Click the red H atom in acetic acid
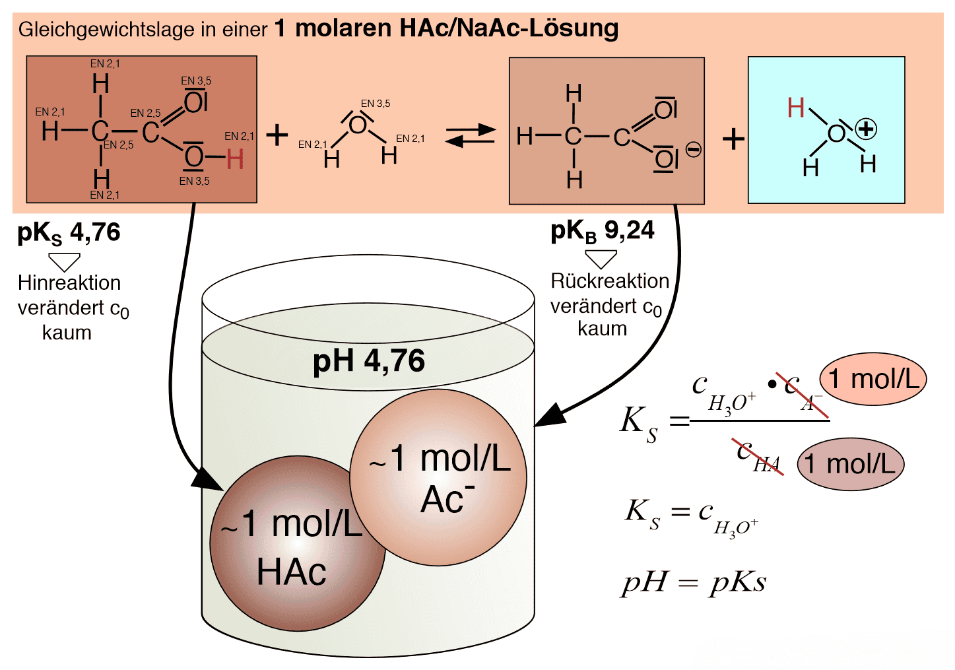tap(235, 159)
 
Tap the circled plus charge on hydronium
tap(865, 129)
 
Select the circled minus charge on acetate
tap(693, 150)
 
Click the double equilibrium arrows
tap(470, 135)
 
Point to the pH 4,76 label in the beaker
tap(368, 361)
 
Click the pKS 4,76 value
tap(69, 233)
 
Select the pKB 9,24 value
tap(603, 231)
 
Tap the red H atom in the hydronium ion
tap(796, 108)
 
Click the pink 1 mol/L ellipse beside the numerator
tap(873, 379)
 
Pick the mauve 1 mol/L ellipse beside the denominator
tap(850, 463)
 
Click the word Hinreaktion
tap(69, 283)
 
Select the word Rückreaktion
tap(610, 281)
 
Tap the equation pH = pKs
tap(694, 582)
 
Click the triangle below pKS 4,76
tap(65, 261)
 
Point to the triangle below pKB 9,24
tap(601, 258)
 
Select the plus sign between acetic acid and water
tap(277, 135)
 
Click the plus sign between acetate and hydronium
tap(733, 139)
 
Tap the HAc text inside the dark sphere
tap(291, 572)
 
